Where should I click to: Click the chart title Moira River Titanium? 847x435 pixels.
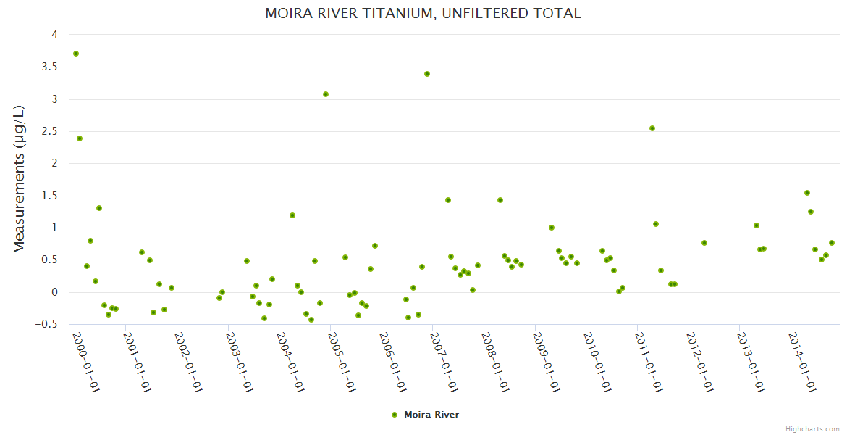(423, 13)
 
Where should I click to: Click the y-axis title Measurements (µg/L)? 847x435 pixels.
(20, 178)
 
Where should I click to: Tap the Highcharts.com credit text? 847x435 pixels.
(812, 428)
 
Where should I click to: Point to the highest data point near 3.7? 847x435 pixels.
(76, 54)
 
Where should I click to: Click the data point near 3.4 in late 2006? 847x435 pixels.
(427, 74)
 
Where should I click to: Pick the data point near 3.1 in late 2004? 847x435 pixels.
(326, 94)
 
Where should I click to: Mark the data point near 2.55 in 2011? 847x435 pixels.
(652, 128)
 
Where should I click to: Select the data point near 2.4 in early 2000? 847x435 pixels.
(80, 138)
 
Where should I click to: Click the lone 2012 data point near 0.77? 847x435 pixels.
(704, 243)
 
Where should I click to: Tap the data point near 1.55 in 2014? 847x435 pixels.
(807, 193)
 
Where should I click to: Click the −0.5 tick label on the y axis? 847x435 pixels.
(49, 324)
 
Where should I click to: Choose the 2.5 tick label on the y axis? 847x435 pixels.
(51, 131)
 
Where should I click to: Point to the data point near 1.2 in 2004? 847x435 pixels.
(292, 215)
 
